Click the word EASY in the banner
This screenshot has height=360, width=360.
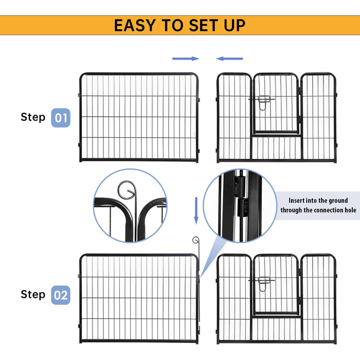tap(135, 25)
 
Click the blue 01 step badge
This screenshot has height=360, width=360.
tap(61, 118)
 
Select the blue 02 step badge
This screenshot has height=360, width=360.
tap(61, 295)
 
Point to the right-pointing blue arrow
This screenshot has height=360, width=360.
tap(186, 59)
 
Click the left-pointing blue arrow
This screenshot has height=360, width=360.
tap(229, 59)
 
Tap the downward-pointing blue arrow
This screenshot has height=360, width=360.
tap(196, 210)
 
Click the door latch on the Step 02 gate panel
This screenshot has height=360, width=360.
tap(262, 283)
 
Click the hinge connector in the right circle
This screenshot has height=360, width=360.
tap(241, 196)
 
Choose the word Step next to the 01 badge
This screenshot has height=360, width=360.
tap(33, 117)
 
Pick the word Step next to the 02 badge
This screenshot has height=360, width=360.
tap(33, 295)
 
